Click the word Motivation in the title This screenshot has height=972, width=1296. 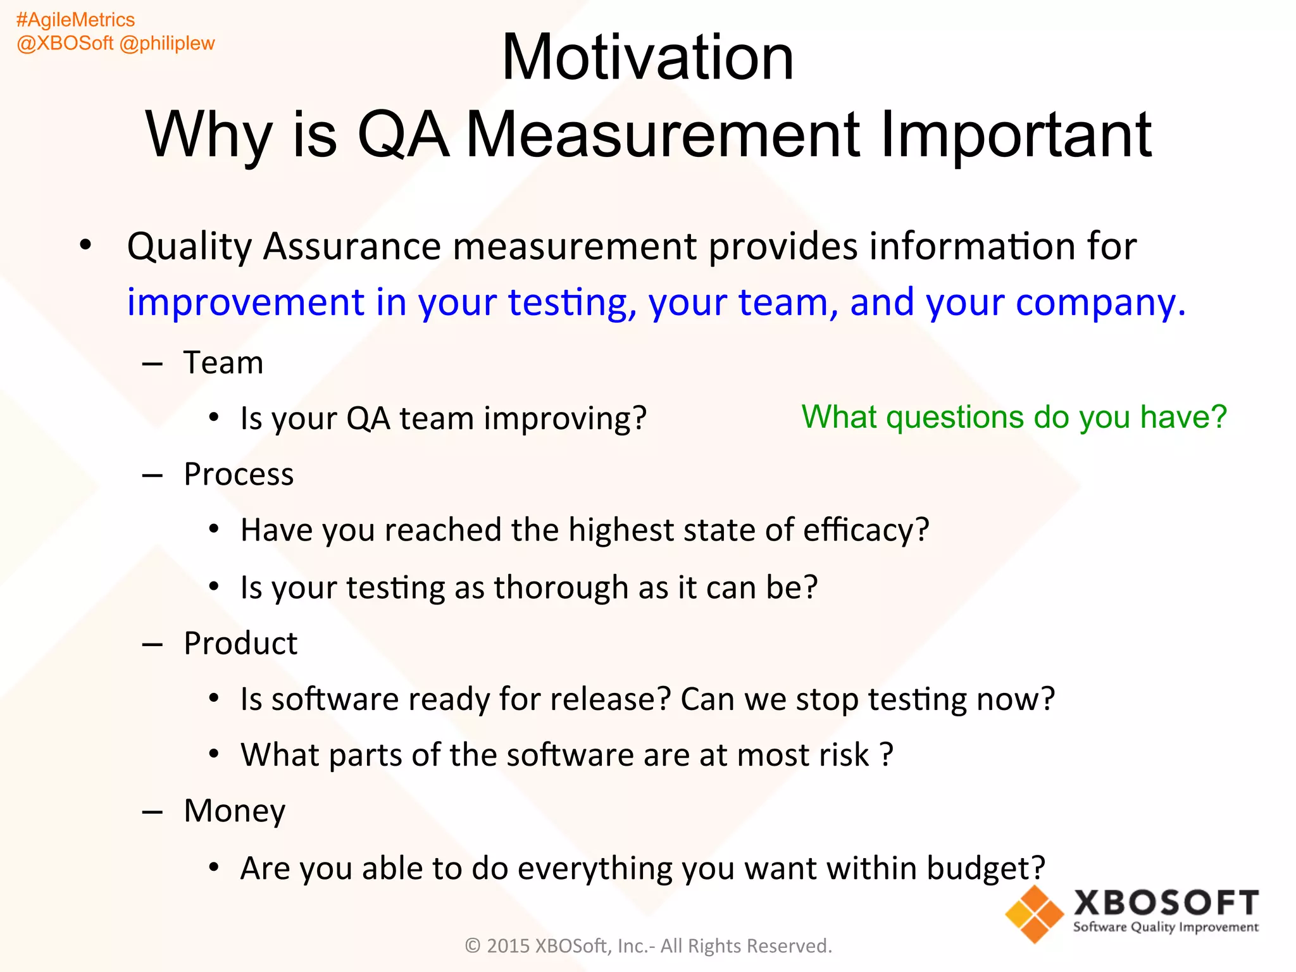point(647,58)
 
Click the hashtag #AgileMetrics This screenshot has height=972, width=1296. point(75,20)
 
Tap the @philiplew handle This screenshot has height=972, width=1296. point(167,44)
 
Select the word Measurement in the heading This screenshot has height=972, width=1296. point(663,135)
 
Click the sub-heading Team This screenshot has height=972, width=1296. point(223,363)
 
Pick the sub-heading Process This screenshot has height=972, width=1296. point(239,475)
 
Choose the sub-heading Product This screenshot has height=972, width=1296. point(240,644)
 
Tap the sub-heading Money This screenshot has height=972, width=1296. point(234,811)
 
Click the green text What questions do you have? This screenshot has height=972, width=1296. point(1014,418)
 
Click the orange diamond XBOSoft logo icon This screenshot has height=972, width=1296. point(1034,914)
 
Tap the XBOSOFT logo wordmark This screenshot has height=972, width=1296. point(1166,903)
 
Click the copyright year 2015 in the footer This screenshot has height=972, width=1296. point(508,946)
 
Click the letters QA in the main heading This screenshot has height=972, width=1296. point(402,135)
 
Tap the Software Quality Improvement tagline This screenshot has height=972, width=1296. point(1166,928)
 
